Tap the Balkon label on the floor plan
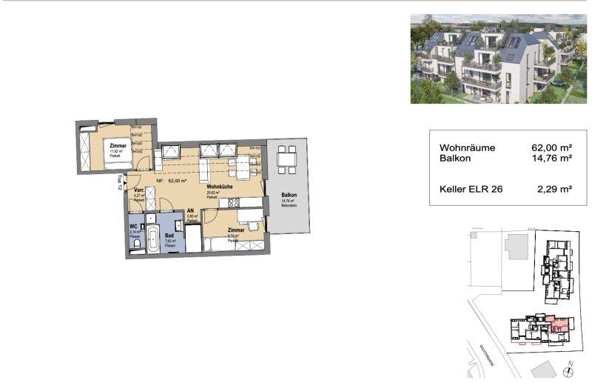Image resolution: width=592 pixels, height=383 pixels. point(289,195)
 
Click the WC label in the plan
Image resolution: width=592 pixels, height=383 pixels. point(134,226)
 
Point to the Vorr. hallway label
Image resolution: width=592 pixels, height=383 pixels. point(138,191)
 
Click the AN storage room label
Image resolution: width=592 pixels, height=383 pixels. point(191,210)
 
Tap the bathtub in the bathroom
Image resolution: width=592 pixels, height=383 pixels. point(152,239)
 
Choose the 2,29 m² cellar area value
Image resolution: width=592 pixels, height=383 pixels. point(555,190)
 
